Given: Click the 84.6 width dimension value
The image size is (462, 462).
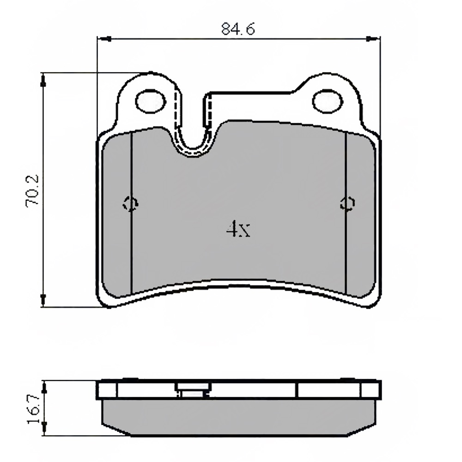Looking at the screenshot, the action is click(238, 29).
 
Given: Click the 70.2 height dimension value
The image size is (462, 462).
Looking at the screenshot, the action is click(32, 190).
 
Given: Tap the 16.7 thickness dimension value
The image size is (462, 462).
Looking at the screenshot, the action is click(33, 409).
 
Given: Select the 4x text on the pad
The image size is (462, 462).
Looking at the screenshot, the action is click(238, 228).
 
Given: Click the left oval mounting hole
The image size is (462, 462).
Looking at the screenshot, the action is click(151, 101).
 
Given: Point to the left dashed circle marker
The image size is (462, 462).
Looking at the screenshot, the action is click(131, 204).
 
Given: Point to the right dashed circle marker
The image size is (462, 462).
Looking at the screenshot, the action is click(347, 204).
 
